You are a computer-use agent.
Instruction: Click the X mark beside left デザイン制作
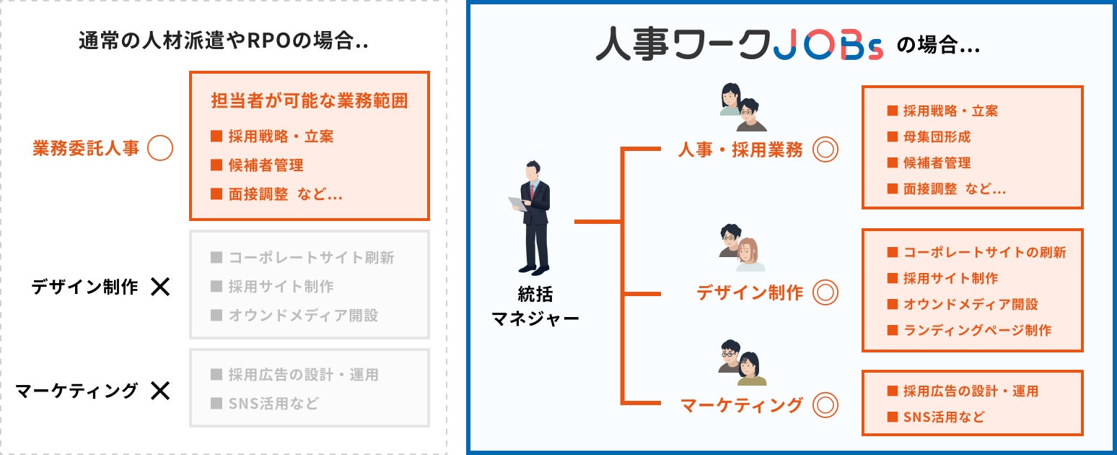pyautogui.click(x=159, y=287)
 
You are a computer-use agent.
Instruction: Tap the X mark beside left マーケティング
pyautogui.click(x=159, y=391)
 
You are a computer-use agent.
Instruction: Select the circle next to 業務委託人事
pyautogui.click(x=159, y=149)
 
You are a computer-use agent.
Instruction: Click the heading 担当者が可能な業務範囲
pyautogui.click(x=309, y=100)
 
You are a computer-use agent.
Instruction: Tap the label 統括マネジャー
pyautogui.click(x=535, y=306)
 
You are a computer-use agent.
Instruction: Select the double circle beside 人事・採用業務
pyautogui.click(x=825, y=149)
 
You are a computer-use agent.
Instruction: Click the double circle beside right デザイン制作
pyautogui.click(x=825, y=292)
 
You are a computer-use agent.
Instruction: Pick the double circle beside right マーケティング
pyautogui.click(x=825, y=404)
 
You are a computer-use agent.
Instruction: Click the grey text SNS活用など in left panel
pyautogui.click(x=273, y=404)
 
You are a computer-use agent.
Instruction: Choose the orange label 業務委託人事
pyautogui.click(x=86, y=149)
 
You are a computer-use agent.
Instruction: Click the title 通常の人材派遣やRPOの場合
pyautogui.click(x=224, y=41)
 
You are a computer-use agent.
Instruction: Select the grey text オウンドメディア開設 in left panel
pyautogui.click(x=303, y=316)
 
